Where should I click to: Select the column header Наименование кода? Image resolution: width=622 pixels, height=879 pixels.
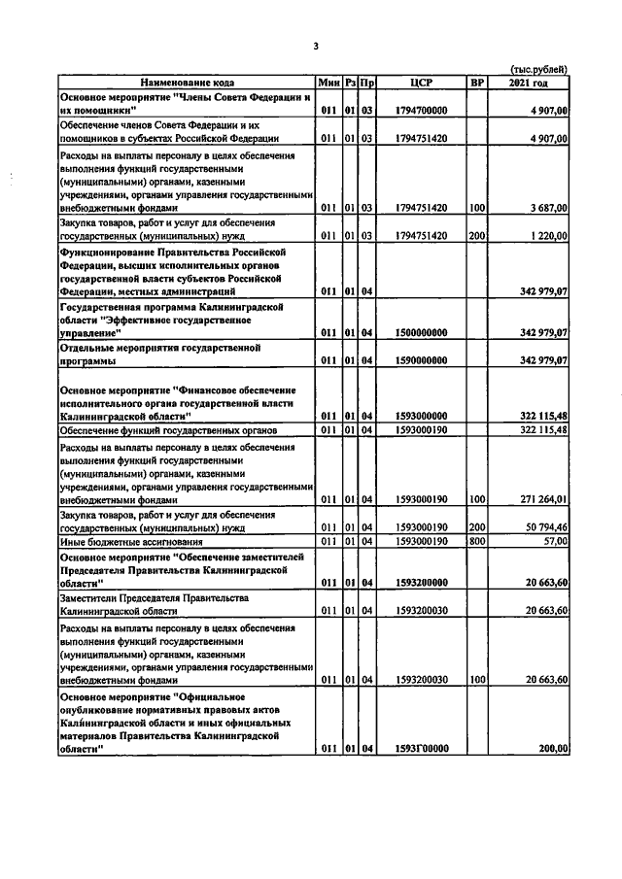coord(186,83)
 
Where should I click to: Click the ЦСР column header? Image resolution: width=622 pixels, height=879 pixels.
coord(421,83)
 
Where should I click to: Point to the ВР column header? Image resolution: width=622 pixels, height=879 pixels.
coord(476,83)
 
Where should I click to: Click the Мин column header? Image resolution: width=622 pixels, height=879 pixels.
coord(328,83)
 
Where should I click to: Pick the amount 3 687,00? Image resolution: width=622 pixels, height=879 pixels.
coord(548,208)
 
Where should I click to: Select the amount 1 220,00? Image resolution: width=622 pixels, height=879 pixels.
coord(548,236)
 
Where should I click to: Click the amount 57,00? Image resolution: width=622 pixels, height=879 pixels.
coord(555,541)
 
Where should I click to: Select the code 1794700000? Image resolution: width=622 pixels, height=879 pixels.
coord(422,112)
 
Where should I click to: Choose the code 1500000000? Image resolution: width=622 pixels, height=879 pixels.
coord(422,332)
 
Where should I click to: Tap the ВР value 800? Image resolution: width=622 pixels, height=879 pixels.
coord(476,541)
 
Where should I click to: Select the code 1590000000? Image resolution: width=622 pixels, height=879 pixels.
coord(422,360)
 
